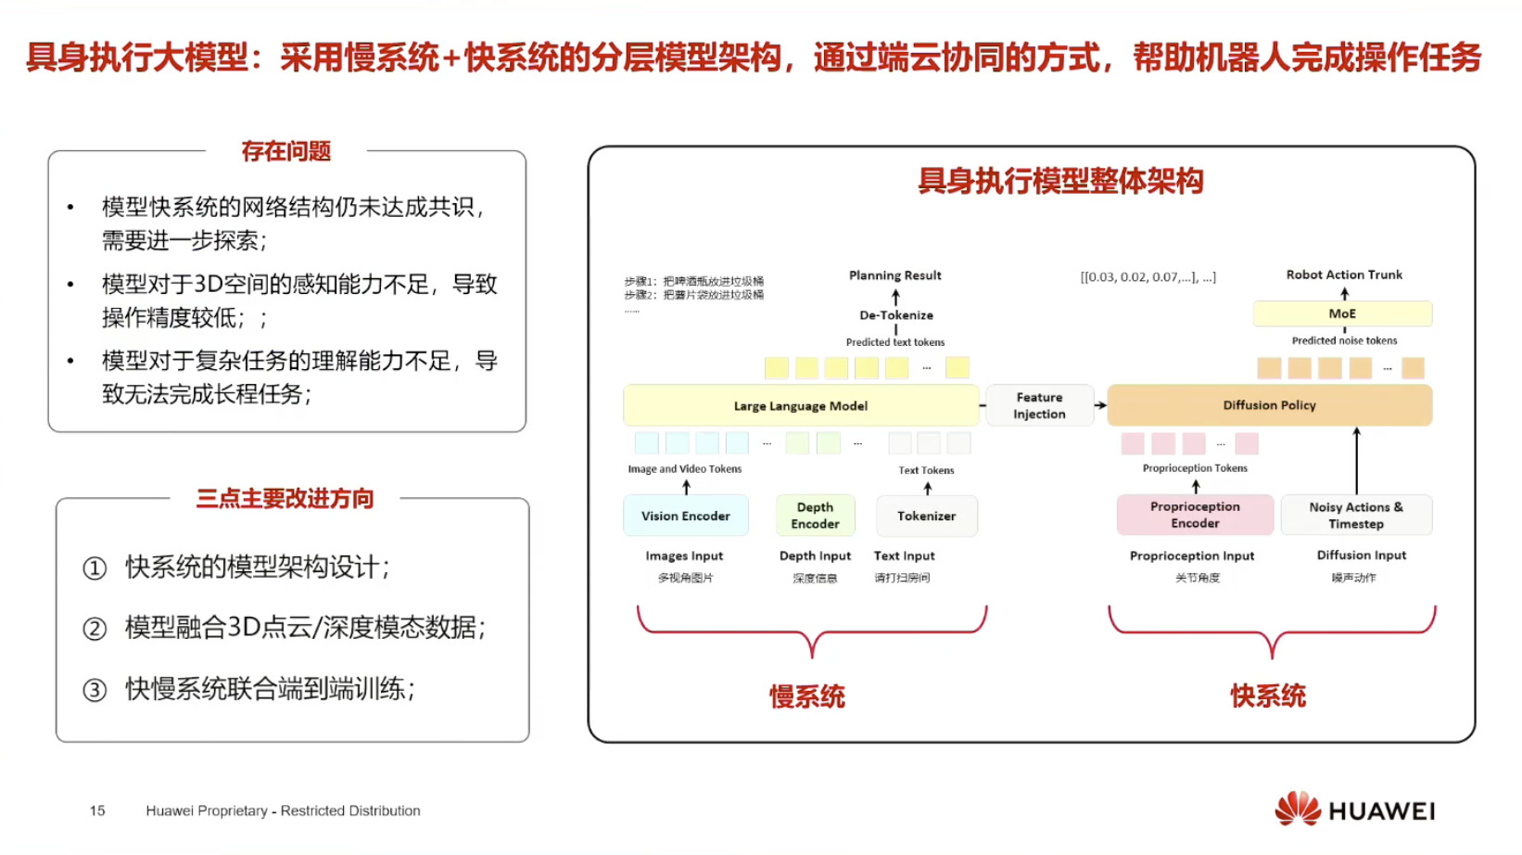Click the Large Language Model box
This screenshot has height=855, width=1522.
point(801,406)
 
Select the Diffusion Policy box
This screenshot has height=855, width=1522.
point(1269,405)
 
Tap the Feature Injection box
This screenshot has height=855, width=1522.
point(1039,406)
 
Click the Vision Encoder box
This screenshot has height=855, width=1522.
point(686,516)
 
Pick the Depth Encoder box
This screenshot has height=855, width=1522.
point(816,516)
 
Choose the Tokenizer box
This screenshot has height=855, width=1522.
point(926,516)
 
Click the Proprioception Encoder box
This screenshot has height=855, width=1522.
point(1195,515)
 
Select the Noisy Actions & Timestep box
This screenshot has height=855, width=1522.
point(1356,515)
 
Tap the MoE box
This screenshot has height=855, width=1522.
point(1342,313)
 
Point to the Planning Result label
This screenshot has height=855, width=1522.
point(894,275)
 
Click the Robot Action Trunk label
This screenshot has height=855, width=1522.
point(1344,274)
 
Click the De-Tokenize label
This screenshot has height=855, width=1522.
point(896,315)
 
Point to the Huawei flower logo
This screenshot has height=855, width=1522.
point(1297,810)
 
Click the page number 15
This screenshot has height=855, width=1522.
point(97,810)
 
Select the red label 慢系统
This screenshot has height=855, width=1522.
point(806,696)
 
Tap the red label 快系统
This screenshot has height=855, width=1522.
point(1268,695)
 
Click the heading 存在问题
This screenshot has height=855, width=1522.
point(285,151)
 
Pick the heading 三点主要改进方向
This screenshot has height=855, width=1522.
point(285,499)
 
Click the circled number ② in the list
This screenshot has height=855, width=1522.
point(95,629)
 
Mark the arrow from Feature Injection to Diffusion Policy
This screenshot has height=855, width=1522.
point(1100,405)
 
